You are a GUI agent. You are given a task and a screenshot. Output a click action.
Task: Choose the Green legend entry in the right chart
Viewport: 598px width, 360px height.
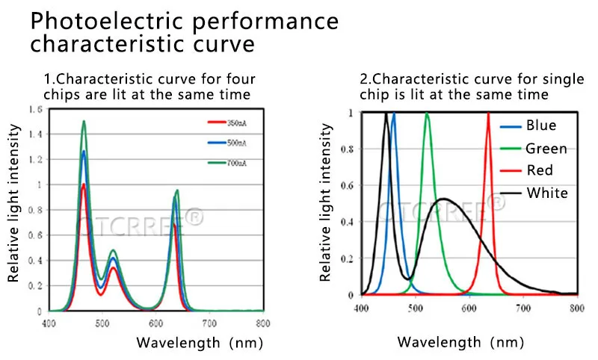(x=546, y=149)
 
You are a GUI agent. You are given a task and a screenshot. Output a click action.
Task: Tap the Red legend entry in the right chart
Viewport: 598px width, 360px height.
(x=540, y=170)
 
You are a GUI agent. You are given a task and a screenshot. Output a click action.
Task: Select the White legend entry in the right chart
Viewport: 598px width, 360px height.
(x=547, y=193)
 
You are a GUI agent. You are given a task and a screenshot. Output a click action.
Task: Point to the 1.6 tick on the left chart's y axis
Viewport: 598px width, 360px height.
(x=35, y=110)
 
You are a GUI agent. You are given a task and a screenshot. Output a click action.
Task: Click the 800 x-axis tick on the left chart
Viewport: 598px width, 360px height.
(x=262, y=323)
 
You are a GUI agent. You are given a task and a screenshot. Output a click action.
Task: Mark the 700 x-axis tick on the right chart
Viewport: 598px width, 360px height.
(x=523, y=307)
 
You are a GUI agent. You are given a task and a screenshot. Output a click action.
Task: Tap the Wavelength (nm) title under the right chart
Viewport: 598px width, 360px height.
(x=460, y=342)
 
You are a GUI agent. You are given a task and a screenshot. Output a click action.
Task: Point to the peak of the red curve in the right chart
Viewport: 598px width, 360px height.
(x=488, y=114)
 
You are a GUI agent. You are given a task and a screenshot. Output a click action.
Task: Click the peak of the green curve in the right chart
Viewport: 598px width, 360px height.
(x=427, y=114)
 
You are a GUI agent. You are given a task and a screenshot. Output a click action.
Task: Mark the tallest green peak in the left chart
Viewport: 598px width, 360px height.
(x=84, y=122)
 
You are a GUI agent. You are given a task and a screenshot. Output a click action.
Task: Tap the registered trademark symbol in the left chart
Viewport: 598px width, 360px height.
(x=194, y=217)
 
